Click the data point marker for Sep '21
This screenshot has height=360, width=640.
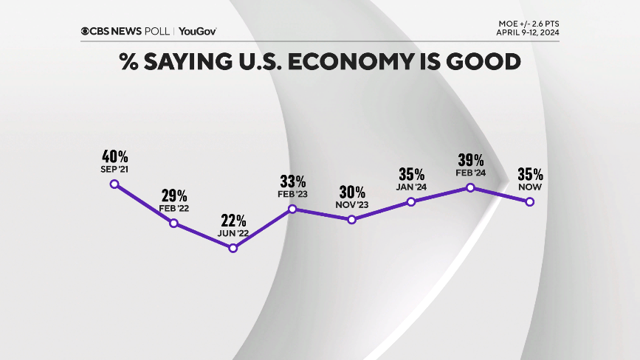pos(114,184)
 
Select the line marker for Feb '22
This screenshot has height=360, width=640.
pos(174,223)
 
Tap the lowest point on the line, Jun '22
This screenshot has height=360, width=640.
pos(233,248)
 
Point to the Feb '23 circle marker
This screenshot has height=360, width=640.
pos(292,209)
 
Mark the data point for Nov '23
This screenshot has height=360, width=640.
pos(352,219)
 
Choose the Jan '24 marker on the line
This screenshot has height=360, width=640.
pos(411,201)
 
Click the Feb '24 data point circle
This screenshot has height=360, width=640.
pos(470,187)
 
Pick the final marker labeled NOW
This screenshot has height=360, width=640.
pos(530,201)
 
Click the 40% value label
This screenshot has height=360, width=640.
pos(115,156)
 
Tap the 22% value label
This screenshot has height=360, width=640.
pos(233,221)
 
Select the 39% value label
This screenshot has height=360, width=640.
pos(470,160)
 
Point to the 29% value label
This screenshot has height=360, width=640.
pos(174,195)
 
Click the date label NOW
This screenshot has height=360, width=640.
pos(530,187)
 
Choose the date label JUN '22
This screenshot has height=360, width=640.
pos(233,234)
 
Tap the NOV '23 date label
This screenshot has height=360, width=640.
pos(352,205)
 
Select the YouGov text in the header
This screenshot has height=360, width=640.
pos(197,31)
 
